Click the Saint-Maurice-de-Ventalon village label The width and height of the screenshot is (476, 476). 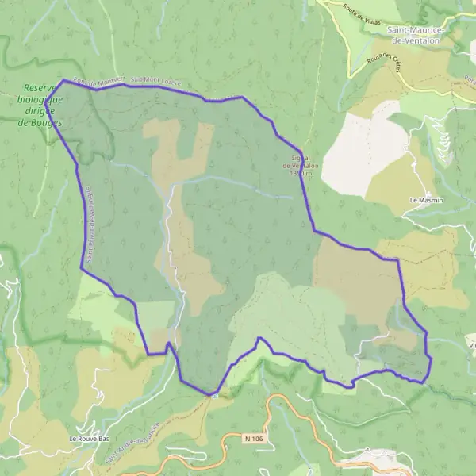(x=416, y=34)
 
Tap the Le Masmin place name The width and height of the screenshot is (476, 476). (x=425, y=201)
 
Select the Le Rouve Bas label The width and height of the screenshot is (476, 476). (x=88, y=439)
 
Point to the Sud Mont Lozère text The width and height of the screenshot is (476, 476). (x=157, y=80)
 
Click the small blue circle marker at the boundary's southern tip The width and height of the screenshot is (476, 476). (x=213, y=394)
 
